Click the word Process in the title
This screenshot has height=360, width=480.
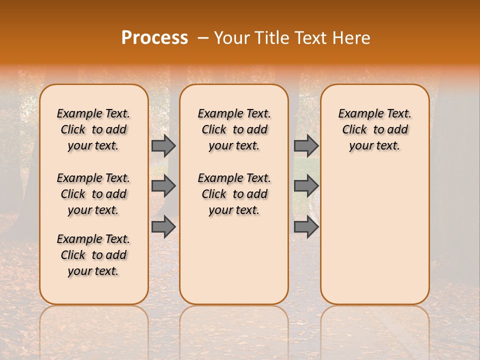point(154,38)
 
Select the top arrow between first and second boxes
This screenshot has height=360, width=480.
point(163,145)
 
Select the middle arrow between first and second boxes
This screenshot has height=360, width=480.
point(163,186)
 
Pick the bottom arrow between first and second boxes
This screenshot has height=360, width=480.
point(163,226)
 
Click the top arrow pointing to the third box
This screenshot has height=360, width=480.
point(306,145)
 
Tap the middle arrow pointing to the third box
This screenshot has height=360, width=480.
point(306,186)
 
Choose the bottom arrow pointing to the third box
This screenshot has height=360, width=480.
point(306,226)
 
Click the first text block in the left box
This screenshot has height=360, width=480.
point(93,129)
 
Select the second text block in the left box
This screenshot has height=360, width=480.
point(93,194)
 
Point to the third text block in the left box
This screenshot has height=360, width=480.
point(93,255)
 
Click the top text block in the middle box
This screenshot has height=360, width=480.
point(234,129)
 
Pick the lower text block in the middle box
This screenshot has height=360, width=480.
point(234,194)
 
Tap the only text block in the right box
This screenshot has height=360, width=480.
point(374,129)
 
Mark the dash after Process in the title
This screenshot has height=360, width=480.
point(203,38)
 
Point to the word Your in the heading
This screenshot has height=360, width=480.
point(232,38)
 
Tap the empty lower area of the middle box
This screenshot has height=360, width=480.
point(234,260)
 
